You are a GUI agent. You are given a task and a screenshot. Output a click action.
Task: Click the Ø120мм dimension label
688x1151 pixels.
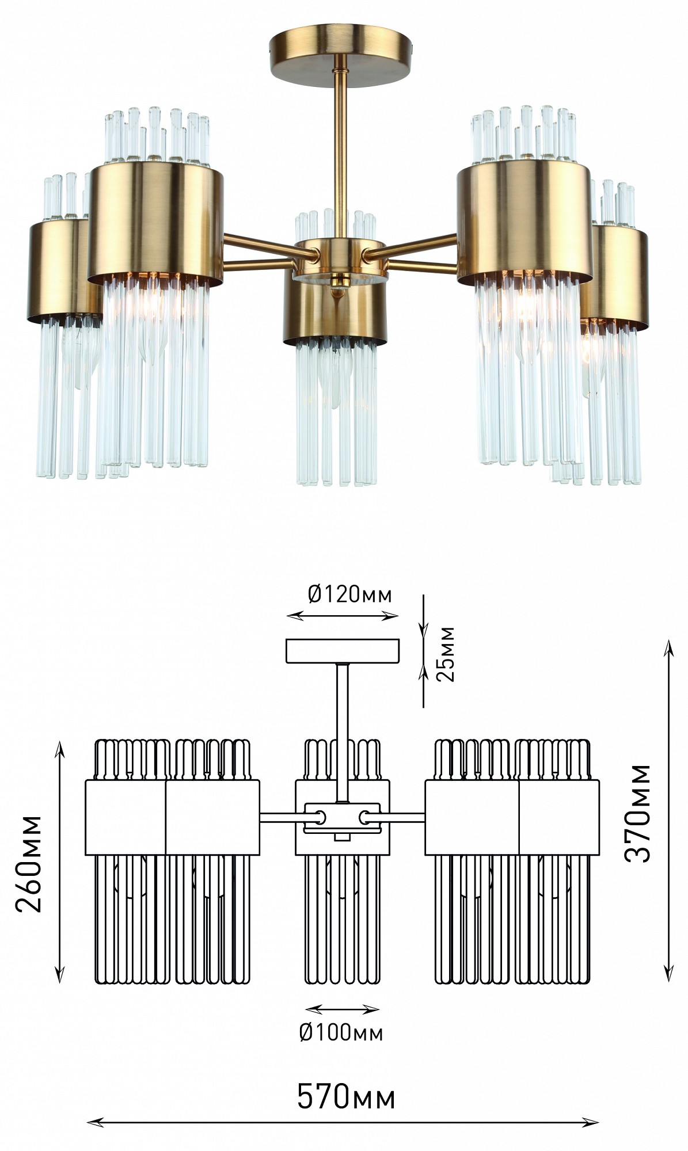349,593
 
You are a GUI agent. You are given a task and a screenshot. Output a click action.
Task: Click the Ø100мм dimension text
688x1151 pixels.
341,1032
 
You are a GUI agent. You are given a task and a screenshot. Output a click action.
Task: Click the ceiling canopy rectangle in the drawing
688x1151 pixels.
343,650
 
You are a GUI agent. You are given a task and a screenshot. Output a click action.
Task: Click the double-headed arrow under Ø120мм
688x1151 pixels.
343,616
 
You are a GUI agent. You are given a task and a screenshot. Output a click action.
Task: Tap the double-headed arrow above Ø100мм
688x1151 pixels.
342,1009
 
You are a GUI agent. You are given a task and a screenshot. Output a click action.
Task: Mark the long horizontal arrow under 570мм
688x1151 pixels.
343,1122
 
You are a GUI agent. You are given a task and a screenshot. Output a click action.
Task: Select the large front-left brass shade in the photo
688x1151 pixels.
155,222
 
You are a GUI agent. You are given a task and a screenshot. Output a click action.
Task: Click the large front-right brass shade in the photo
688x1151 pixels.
524,222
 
